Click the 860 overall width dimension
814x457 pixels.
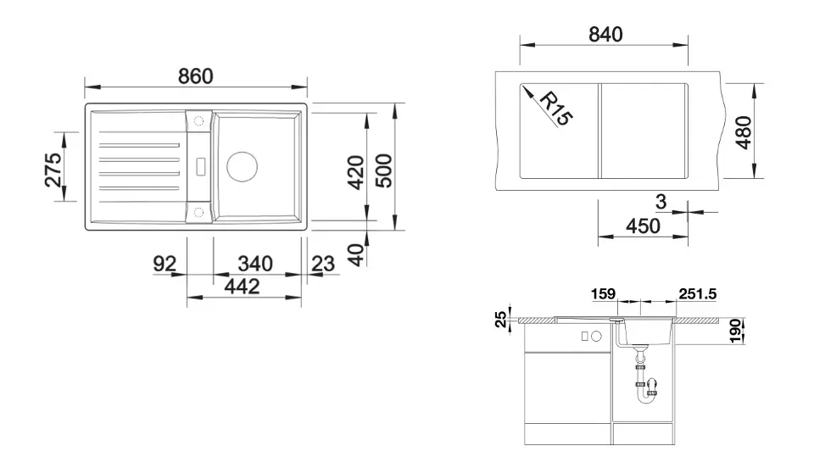click(196, 76)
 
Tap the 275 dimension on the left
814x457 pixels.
click(53, 170)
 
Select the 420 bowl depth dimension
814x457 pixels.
click(355, 172)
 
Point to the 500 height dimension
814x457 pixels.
click(384, 170)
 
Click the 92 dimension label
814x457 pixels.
click(164, 264)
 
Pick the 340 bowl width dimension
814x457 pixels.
click(255, 264)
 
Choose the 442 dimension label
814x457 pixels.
click(242, 286)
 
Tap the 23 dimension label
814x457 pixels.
click(323, 264)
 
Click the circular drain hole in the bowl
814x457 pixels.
click(242, 167)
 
